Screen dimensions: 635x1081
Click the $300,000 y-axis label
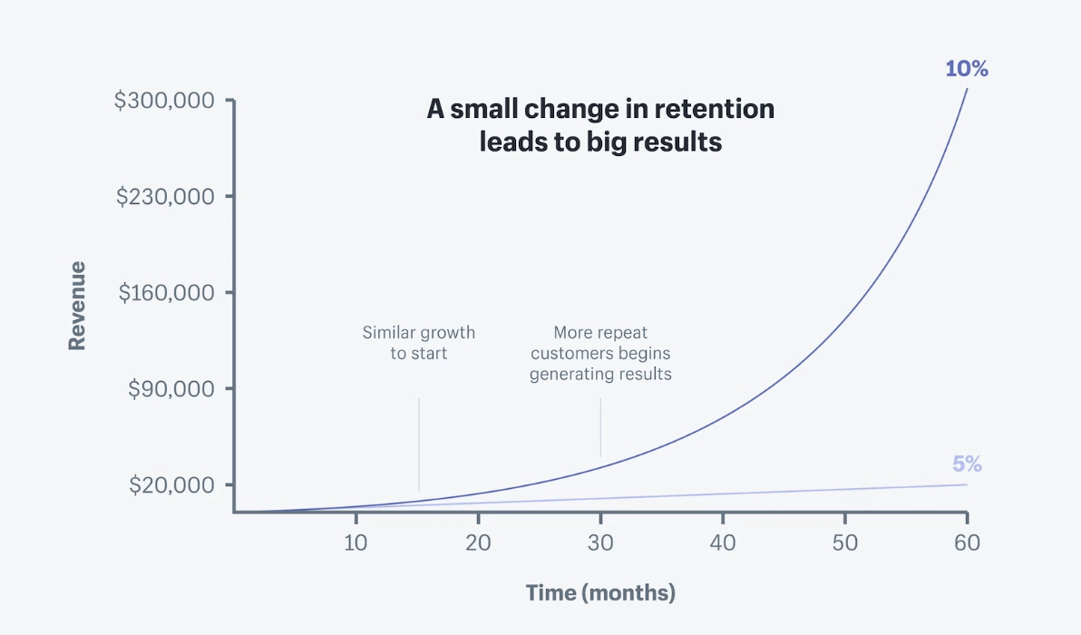(x=164, y=100)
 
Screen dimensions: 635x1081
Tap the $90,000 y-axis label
(x=170, y=388)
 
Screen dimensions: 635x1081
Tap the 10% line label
(x=966, y=68)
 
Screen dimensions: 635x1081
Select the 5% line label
(x=967, y=464)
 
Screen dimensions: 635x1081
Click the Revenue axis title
(x=77, y=306)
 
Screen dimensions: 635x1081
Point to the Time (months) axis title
(x=600, y=593)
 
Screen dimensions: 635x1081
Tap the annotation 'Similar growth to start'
(x=419, y=343)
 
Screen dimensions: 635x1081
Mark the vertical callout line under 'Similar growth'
(x=419, y=444)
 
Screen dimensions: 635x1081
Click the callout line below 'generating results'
(x=600, y=427)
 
